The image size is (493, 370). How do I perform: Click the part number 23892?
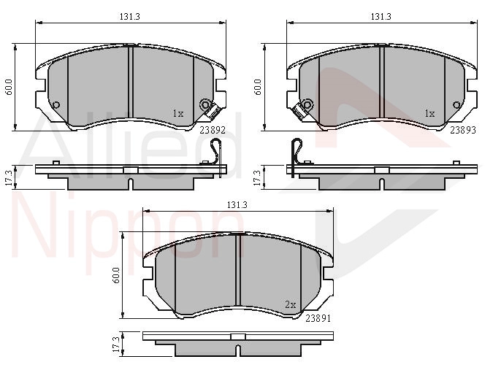click(x=213, y=130)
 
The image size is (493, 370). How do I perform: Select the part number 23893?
click(x=463, y=130)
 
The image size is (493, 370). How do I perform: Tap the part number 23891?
click(x=318, y=318)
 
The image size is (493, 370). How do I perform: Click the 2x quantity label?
click(x=291, y=304)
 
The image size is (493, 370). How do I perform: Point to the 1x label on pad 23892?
click(x=178, y=113)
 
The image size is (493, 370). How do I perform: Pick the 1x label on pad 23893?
click(x=429, y=113)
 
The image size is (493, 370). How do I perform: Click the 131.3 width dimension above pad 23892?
click(x=129, y=17)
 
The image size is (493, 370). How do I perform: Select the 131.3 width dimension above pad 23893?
click(x=381, y=17)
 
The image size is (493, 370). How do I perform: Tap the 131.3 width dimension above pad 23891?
click(x=237, y=205)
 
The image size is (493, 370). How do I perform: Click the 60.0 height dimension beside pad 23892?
click(x=9, y=87)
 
